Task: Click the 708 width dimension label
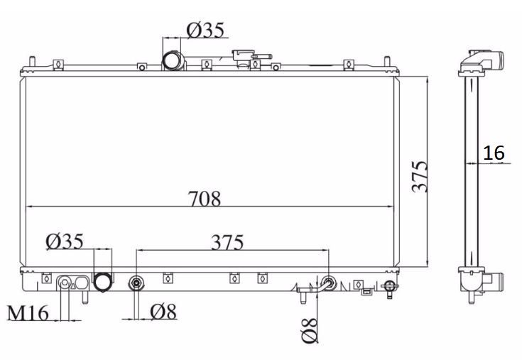pos(205,199)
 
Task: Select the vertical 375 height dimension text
pos(420,177)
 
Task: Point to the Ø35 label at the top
pos(205,30)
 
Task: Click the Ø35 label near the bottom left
pos(65,241)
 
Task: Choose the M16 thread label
pos(28,313)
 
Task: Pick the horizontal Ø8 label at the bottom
pos(163,312)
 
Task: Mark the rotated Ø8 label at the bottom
pos(310,330)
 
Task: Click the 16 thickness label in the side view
pos(494,153)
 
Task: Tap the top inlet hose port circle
pos(172,60)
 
